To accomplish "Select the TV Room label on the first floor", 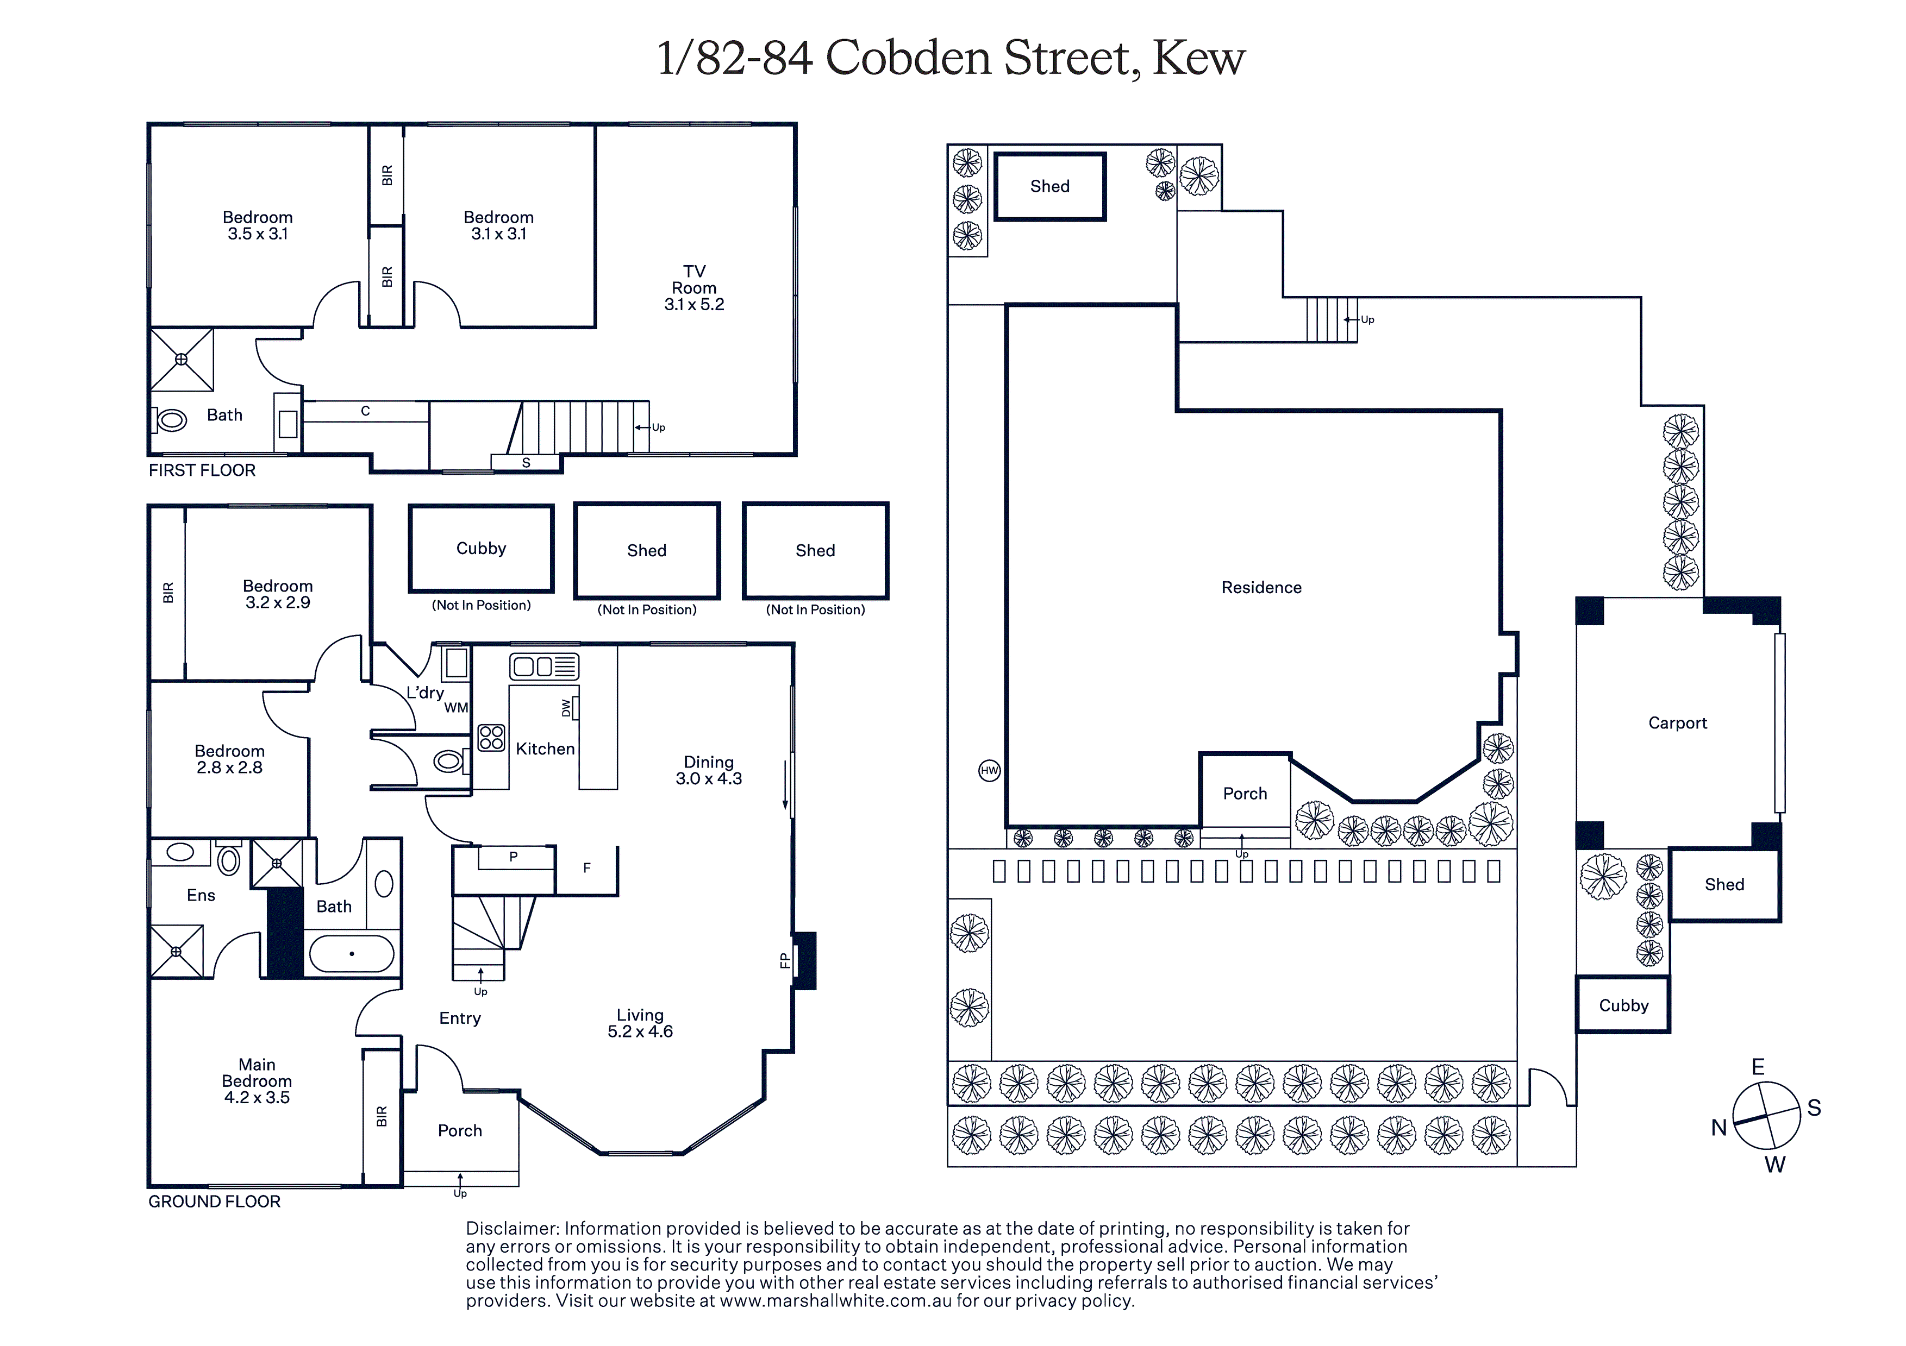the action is pos(694,288).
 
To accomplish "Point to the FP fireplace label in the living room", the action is pos(784,960).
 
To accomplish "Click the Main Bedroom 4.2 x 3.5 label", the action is pos(257,1080).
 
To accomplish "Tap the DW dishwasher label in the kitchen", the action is pos(566,708).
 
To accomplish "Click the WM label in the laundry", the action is pos(456,708).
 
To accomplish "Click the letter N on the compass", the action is pos(1718,1128).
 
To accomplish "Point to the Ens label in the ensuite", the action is pos(201,895).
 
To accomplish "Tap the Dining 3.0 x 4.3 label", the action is pos(708,770).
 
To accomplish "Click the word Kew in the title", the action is pos(1199,58).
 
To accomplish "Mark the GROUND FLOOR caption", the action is pos(214,1201).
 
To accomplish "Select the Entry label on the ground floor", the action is pos(460,1018).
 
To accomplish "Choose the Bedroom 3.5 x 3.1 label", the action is pos(258,225).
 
